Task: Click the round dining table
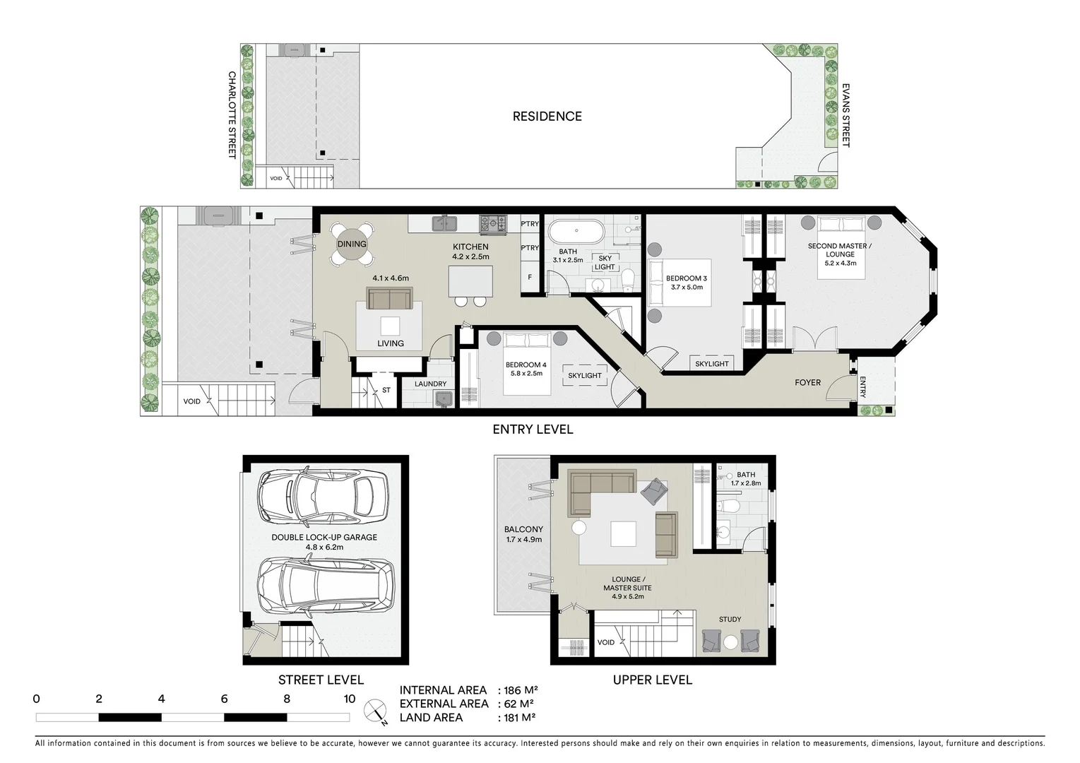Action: click(x=351, y=244)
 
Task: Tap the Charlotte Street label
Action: click(x=232, y=114)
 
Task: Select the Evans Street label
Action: click(x=845, y=115)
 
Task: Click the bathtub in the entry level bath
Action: click(x=576, y=230)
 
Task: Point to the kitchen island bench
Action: click(x=470, y=282)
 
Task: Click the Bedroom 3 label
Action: click(x=686, y=278)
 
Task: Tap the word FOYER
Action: click(x=807, y=383)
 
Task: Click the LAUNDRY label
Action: click(x=430, y=384)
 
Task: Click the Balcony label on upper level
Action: click(x=523, y=529)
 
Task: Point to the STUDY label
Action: click(x=730, y=620)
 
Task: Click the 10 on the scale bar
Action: click(x=349, y=699)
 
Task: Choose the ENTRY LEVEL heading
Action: click(x=533, y=430)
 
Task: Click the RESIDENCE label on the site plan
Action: click(x=547, y=117)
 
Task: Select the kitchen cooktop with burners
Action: click(x=493, y=224)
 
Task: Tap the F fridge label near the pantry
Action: click(x=530, y=278)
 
